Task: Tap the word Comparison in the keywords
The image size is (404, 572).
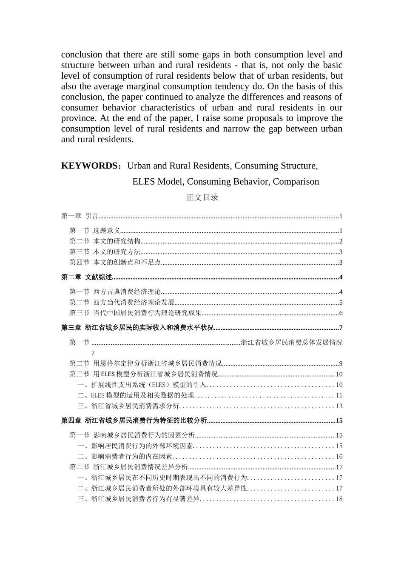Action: click(x=296, y=182)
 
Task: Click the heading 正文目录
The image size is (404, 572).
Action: click(x=202, y=197)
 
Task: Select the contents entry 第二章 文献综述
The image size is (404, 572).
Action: click(x=87, y=277)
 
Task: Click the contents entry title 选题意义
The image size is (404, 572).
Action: click(x=107, y=231)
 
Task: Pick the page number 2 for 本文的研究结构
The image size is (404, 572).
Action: click(x=341, y=241)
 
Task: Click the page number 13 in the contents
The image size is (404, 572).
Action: click(x=339, y=406)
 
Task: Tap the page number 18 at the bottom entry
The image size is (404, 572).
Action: click(x=339, y=499)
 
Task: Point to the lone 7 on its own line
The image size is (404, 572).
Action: click(x=93, y=353)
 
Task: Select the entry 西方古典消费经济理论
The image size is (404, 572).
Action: click(x=127, y=292)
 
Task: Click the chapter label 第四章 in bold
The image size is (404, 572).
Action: click(x=71, y=421)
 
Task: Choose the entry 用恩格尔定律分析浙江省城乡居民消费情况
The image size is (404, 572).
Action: click(x=157, y=363)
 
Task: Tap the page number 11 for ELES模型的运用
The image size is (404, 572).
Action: click(x=339, y=396)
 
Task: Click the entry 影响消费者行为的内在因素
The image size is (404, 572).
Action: click(x=132, y=457)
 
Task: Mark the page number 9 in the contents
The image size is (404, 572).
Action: click(x=341, y=364)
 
